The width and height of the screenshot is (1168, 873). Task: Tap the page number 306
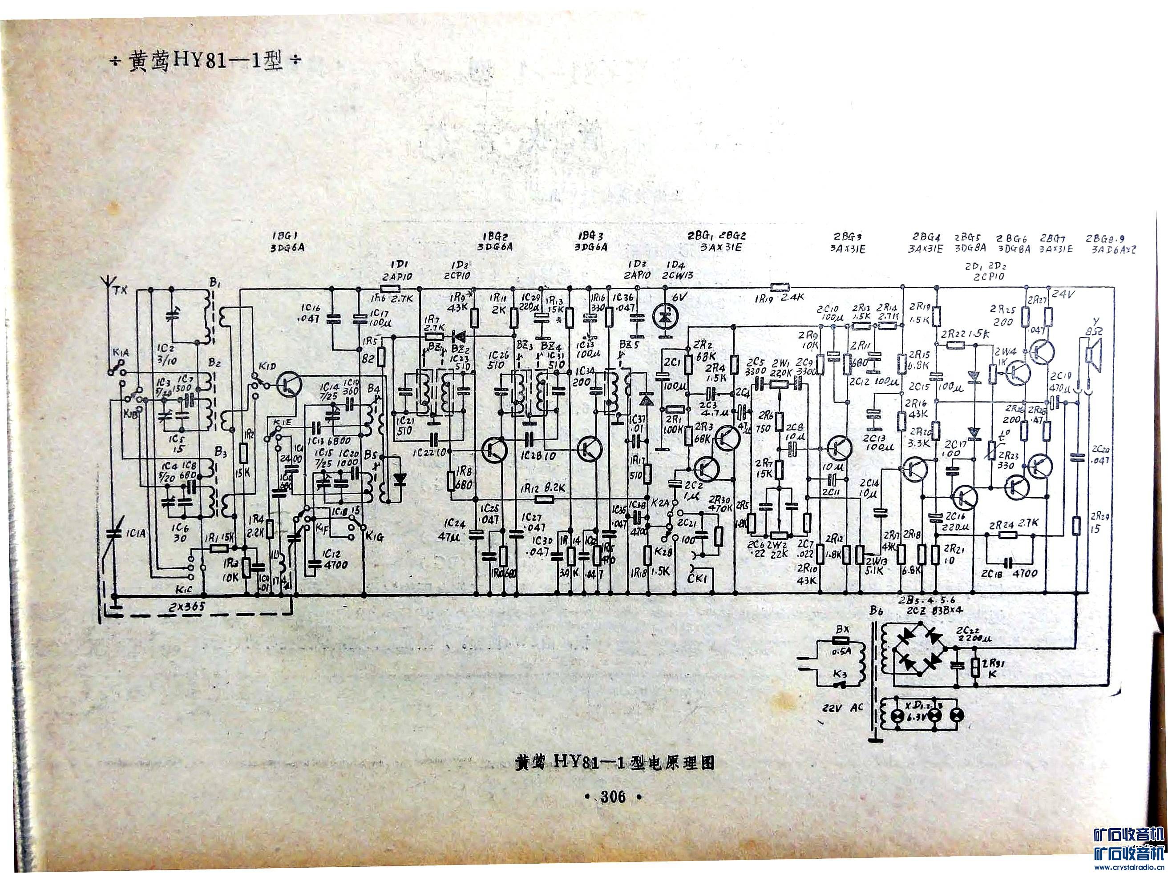613,797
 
